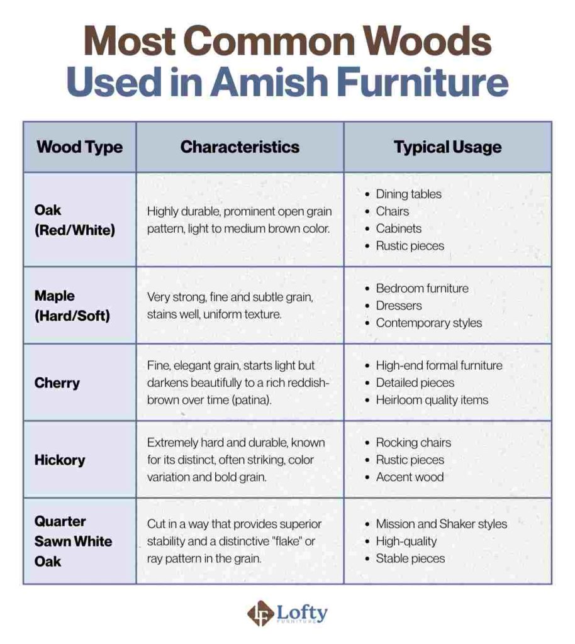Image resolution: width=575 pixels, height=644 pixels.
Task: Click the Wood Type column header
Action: click(79, 147)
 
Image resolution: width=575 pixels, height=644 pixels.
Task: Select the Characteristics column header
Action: click(240, 147)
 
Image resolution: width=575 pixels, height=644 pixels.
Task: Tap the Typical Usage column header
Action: click(447, 147)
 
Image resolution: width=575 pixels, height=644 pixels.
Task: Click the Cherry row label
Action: click(57, 382)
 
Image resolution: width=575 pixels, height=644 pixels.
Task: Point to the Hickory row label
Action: click(60, 460)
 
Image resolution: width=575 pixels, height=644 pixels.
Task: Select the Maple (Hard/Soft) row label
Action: click(72, 306)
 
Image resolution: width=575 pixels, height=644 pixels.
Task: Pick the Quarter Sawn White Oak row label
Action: click(73, 541)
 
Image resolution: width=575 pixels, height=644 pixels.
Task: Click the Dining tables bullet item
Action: click(408, 194)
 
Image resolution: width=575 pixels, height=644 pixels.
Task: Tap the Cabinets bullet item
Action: click(399, 228)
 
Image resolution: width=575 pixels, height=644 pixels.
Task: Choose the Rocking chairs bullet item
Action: click(413, 443)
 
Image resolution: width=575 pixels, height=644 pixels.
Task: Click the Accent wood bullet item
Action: click(410, 477)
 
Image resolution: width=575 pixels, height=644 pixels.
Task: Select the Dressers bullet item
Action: click(399, 306)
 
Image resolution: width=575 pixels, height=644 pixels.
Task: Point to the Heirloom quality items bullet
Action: click(432, 399)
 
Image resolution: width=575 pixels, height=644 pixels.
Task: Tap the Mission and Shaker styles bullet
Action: click(441, 524)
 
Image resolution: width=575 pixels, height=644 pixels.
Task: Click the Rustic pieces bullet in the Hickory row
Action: click(410, 460)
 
